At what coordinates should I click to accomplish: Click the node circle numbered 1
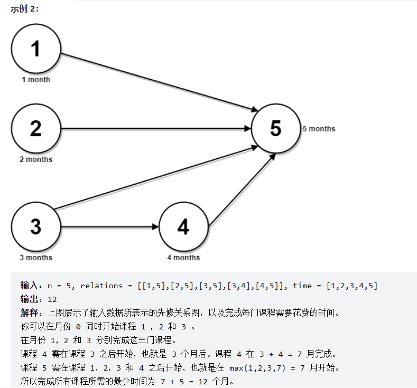35,49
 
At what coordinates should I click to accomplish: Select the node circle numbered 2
35,128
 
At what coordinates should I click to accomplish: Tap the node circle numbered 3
35,226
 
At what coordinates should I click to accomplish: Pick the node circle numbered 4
183,226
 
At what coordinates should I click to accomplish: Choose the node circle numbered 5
275,128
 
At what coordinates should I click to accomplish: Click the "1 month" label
36,80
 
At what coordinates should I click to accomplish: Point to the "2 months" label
36,159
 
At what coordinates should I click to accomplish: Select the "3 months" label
36,258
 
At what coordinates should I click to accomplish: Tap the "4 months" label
183,258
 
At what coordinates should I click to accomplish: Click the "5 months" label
319,128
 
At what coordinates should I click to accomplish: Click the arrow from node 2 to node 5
156,128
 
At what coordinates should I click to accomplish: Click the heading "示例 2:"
24,9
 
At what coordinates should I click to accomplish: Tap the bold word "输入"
29,286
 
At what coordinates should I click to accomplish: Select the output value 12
52,299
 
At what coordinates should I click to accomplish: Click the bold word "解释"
29,313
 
